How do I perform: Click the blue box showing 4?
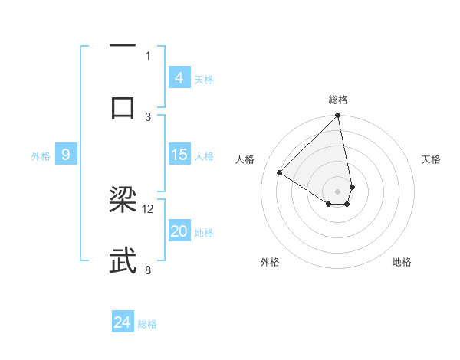pos(179,77)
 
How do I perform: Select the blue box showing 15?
pos(179,155)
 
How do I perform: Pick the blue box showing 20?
pos(179,232)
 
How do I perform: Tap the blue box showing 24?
pos(123,322)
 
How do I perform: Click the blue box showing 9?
pos(66,155)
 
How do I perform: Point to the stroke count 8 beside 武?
pos(148,270)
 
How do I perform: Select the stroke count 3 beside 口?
pos(148,116)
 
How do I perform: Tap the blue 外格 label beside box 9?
pos(41,155)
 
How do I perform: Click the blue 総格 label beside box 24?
pos(147,324)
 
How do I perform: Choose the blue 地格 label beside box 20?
pos(204,233)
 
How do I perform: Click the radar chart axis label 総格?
pos(338,100)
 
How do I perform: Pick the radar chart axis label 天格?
pos(432,159)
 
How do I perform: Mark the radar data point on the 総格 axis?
pos(337,116)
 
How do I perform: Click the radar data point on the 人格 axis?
pos(280,173)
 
